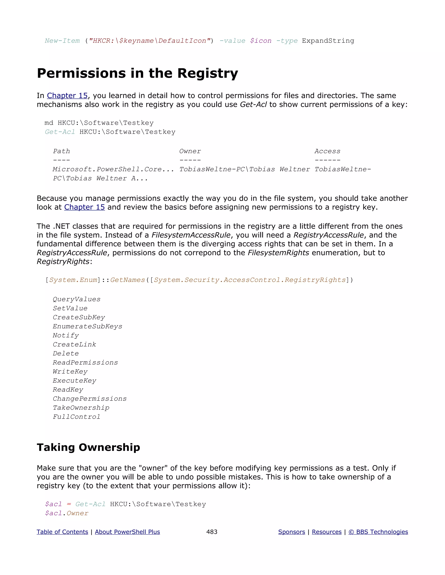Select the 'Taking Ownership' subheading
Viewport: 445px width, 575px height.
pos(88,447)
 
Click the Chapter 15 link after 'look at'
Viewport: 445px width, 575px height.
pos(84,207)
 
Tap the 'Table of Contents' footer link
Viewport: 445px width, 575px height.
pos(62,532)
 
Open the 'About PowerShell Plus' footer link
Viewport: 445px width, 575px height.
pos(127,532)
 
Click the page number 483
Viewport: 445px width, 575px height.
pos(212,532)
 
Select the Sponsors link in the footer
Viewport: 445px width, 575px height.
pos(292,532)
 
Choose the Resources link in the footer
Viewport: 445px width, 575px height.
pos(327,532)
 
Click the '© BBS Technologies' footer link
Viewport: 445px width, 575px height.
pos(378,532)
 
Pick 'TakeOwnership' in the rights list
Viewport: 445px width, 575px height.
pos(81,408)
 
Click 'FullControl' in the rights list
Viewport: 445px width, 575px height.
pos(76,417)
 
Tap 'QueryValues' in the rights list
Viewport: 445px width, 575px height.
pos(76,299)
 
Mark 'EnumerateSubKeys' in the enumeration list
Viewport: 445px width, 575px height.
pos(87,327)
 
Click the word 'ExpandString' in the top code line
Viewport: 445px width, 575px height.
pos(328,41)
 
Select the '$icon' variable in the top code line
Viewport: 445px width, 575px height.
pos(261,41)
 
